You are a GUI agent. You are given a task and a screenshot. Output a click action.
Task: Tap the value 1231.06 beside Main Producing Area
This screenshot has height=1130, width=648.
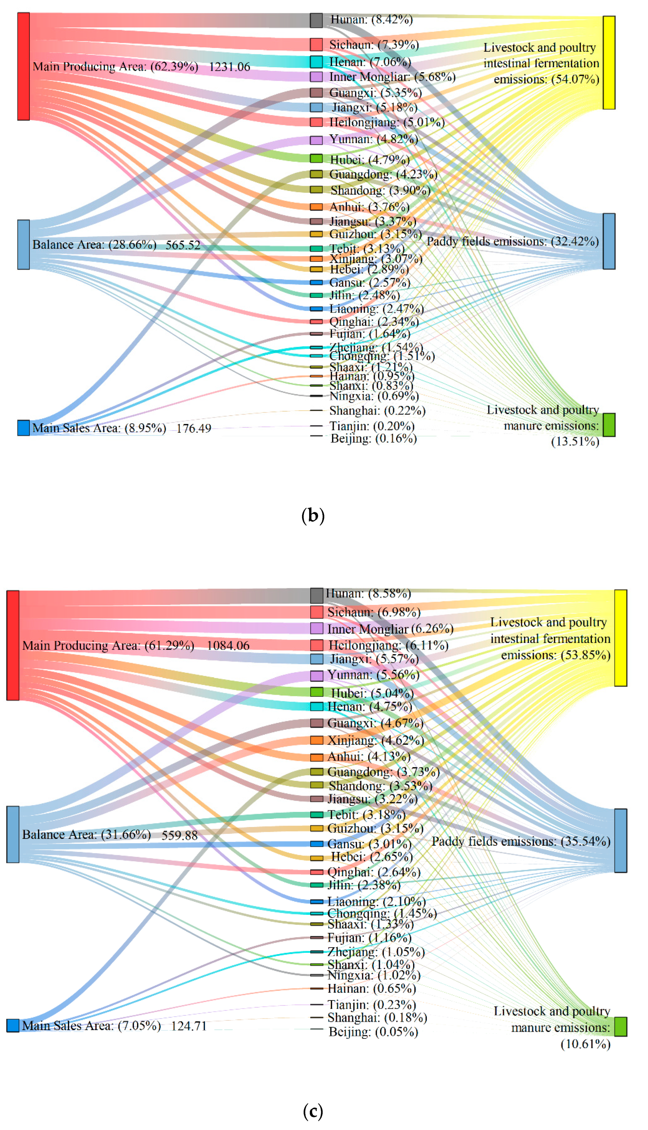pyautogui.click(x=230, y=67)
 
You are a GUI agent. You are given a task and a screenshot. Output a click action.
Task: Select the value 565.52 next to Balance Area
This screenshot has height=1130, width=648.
pyautogui.click(x=183, y=245)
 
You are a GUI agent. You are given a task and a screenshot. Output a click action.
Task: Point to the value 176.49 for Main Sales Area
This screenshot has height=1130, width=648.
pyautogui.click(x=194, y=429)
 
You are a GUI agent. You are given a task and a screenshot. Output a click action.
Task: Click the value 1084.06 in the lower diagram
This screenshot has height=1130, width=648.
pyautogui.click(x=228, y=645)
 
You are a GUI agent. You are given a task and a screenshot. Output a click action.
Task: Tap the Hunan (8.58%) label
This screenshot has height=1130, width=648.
pyautogui.click(x=368, y=593)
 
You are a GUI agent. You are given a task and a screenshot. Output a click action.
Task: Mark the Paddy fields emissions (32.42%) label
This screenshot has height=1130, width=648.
pyautogui.click(x=513, y=242)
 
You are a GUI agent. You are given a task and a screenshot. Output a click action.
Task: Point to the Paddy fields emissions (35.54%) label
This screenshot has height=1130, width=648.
pyautogui.click(x=521, y=841)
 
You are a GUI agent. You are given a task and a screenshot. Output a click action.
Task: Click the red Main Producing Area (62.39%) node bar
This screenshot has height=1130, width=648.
pyautogui.click(x=23, y=66)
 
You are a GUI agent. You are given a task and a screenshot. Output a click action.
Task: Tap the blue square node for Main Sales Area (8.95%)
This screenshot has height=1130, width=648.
pyautogui.click(x=23, y=428)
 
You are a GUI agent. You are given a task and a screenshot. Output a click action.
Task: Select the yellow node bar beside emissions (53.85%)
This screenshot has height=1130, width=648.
pyautogui.click(x=621, y=638)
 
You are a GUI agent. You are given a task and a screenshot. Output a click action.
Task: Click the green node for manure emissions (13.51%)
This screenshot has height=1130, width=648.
pyautogui.click(x=609, y=425)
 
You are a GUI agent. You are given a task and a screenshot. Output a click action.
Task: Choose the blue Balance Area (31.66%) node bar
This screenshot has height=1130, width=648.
pyautogui.click(x=13, y=834)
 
